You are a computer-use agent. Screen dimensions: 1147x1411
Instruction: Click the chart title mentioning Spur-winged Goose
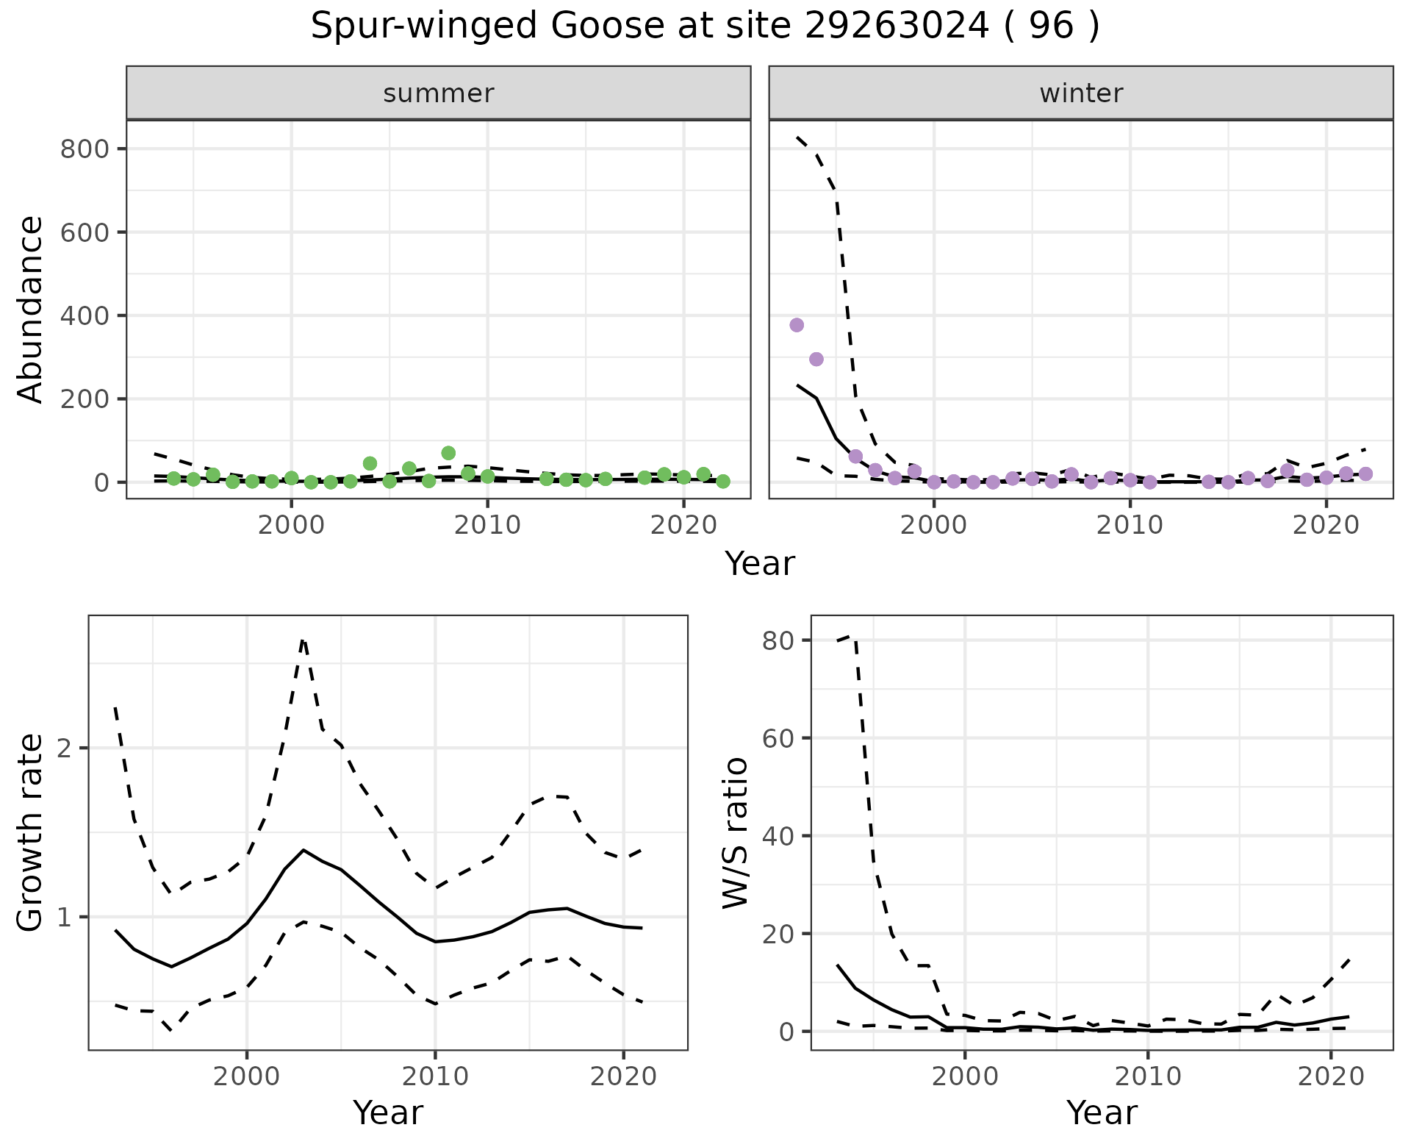tap(705, 27)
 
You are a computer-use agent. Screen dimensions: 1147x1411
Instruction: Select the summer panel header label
tap(439, 93)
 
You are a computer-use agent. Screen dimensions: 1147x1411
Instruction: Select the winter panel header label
tap(1081, 93)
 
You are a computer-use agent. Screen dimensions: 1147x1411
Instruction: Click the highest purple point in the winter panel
tap(797, 325)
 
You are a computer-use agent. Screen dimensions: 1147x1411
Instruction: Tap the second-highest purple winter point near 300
tap(816, 359)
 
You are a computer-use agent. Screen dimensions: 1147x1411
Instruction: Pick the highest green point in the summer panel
tap(448, 453)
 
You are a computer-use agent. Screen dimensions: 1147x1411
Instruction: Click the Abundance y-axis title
tap(31, 309)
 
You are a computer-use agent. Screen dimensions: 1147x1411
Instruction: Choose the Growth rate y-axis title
tap(31, 832)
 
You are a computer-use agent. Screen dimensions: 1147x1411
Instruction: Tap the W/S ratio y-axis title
tap(735, 832)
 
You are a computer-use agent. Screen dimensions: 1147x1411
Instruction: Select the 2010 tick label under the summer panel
tap(487, 526)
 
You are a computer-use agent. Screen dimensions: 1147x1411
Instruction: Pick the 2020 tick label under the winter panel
tap(1326, 526)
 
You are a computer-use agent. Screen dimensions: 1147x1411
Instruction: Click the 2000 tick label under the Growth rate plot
tap(247, 1077)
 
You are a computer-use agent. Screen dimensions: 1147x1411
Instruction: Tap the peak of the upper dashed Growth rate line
tap(304, 640)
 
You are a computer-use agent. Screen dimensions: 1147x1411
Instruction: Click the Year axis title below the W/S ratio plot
tap(1102, 1112)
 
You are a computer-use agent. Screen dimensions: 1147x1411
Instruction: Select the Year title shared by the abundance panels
tap(760, 564)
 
